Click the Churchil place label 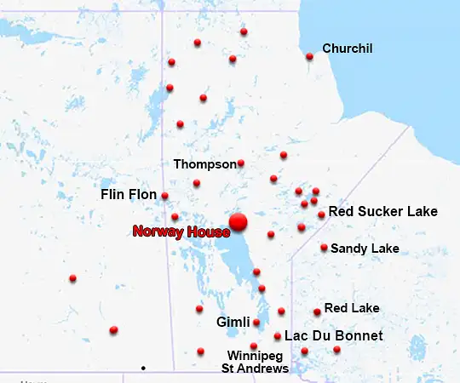[x=348, y=49]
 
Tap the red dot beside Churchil [x=309, y=57]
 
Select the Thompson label [x=204, y=163]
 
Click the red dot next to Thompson [x=241, y=163]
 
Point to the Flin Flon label [x=129, y=195]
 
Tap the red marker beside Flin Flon [x=164, y=196]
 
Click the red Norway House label [x=181, y=232]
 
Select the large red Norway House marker [x=238, y=221]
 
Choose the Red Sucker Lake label [x=382, y=211]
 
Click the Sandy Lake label [x=365, y=249]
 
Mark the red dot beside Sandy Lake [x=325, y=248]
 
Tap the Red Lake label [x=352, y=308]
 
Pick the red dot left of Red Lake [x=318, y=312]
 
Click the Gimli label [x=233, y=323]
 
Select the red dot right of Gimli [x=256, y=323]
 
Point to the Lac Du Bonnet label [x=333, y=336]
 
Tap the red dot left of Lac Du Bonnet [x=278, y=336]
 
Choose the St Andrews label [x=255, y=369]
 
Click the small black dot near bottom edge [x=143, y=368]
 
